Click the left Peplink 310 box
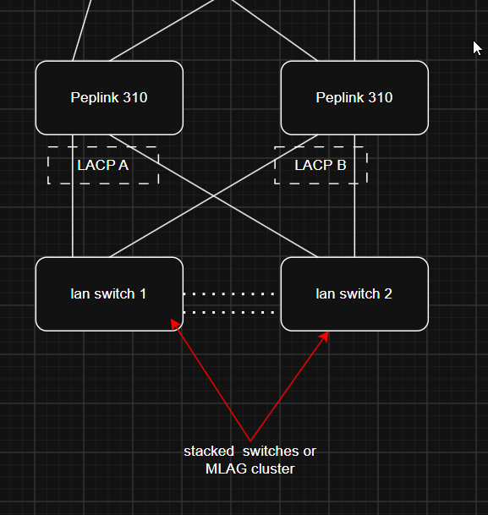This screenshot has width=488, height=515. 109,98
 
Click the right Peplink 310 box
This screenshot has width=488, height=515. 354,98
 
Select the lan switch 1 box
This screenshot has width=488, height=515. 109,294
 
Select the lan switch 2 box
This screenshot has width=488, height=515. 354,294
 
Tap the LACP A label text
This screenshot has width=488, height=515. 103,165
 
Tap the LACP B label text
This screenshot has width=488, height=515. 321,165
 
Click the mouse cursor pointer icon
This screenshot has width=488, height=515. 477,48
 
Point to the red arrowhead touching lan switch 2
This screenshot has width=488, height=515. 324,336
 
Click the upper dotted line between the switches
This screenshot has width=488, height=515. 229,294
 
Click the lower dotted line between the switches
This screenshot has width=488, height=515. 229,312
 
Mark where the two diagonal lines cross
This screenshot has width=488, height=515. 214,196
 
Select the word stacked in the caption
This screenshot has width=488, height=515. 209,452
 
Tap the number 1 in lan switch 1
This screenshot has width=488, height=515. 143,294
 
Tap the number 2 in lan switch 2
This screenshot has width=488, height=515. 388,294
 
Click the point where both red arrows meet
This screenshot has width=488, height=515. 250,441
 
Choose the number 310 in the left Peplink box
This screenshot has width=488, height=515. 134,97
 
